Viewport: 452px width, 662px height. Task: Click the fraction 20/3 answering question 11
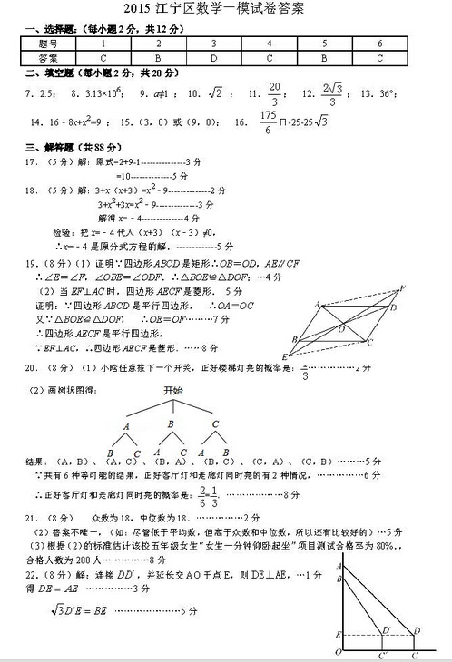coord(274,92)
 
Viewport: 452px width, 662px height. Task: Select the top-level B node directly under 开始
coord(171,422)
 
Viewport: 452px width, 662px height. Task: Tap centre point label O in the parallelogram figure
coord(341,329)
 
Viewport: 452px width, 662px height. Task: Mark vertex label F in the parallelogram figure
coord(401,287)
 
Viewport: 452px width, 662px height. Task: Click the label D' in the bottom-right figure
coord(387,629)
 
